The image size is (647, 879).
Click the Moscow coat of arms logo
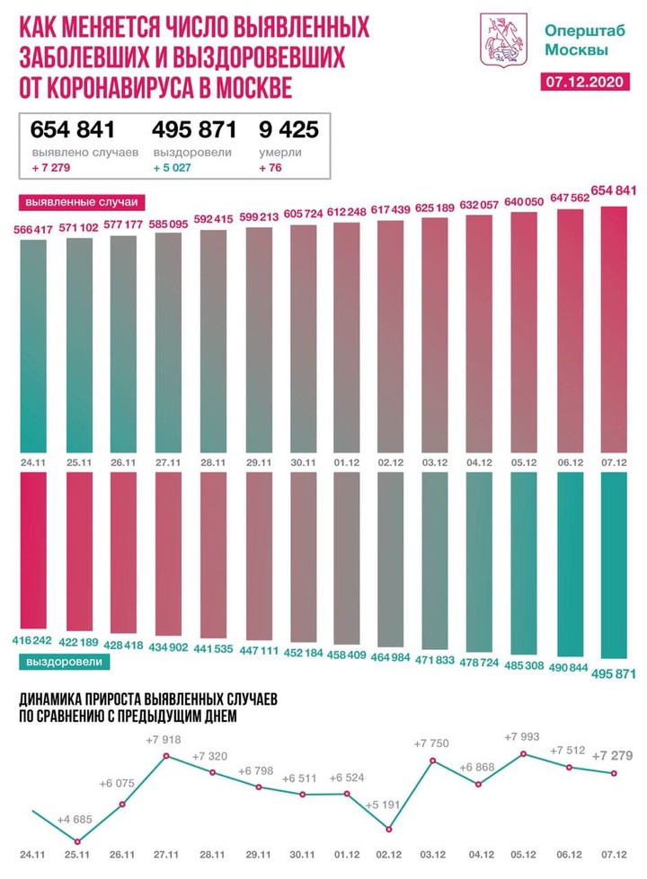504,40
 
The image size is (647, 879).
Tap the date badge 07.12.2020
585,82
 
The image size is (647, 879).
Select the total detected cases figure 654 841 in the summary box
73,129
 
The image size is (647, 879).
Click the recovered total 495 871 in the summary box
194,129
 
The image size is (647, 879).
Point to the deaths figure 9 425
288,129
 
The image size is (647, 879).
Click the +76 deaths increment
270,168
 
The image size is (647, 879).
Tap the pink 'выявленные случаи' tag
82,202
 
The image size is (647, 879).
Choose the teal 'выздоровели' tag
65,662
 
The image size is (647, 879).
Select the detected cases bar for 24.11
33,346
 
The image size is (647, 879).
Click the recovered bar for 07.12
614,565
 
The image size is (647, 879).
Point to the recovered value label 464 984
391,657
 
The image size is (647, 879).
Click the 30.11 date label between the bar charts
303,462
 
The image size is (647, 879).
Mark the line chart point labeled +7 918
166,756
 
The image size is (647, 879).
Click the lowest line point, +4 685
77,841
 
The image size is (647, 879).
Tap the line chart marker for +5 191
389,829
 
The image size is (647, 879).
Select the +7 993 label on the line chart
522,736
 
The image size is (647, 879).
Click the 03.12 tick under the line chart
432,855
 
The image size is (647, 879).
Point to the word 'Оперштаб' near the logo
585,31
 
